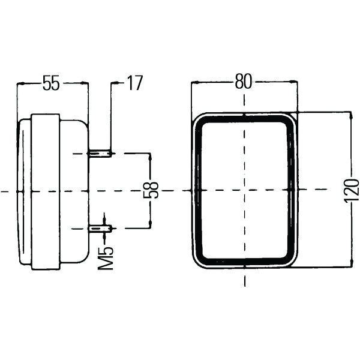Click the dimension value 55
pos(52,83)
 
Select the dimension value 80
pos(242,82)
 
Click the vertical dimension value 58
pos(154,190)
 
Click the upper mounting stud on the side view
pos(100,154)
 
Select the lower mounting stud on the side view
pos(100,228)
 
